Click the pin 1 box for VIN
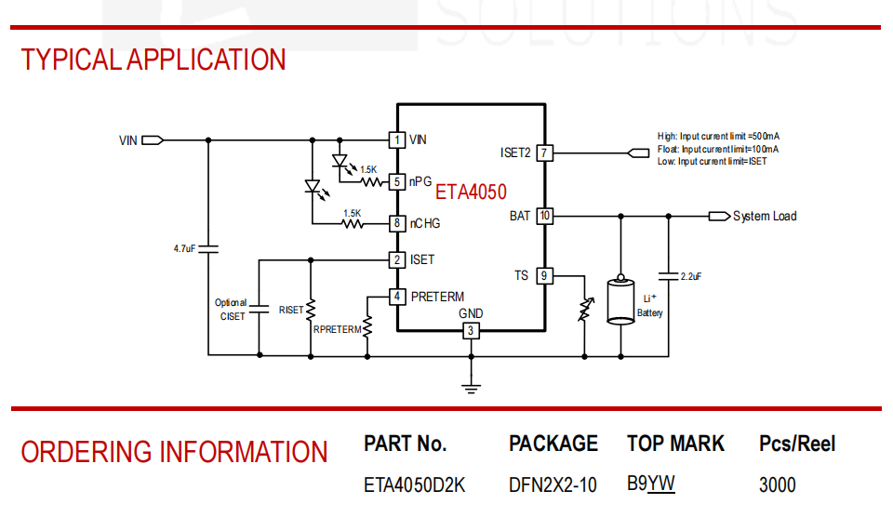click(x=397, y=140)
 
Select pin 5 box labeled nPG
click(x=397, y=182)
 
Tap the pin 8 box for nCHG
click(x=397, y=223)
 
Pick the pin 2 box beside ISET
click(x=397, y=260)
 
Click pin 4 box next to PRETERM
click(x=397, y=297)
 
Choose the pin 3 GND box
click(x=471, y=330)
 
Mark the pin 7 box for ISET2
click(x=544, y=152)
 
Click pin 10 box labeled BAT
click(x=544, y=216)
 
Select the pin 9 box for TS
click(x=544, y=276)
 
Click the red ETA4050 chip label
click(x=471, y=192)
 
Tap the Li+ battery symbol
click(x=620, y=300)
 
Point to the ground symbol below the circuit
click(x=471, y=389)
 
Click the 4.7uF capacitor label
click(x=184, y=249)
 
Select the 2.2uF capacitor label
click(x=691, y=277)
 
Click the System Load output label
click(x=765, y=217)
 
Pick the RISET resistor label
click(x=291, y=311)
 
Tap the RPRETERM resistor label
click(x=337, y=330)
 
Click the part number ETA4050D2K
click(x=415, y=485)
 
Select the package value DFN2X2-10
click(x=553, y=485)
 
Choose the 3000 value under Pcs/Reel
click(x=778, y=485)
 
